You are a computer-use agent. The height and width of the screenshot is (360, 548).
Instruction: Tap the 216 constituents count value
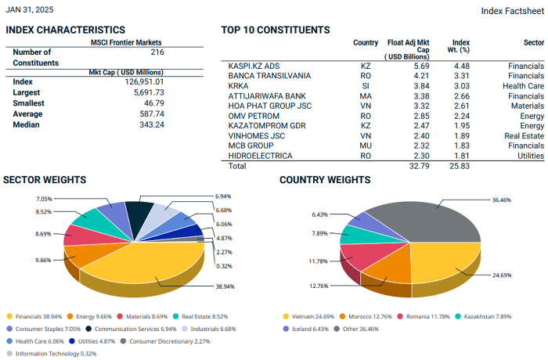157,52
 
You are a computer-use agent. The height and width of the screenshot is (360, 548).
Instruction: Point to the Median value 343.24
150,124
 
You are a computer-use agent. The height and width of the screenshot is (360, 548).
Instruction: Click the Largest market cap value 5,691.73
145,92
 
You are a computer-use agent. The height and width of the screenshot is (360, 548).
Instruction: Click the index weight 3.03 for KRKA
461,85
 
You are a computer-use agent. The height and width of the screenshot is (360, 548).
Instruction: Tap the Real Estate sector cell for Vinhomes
524,135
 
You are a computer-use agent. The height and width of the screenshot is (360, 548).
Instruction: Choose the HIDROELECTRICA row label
261,156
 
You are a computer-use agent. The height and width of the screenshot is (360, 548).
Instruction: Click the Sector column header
533,42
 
